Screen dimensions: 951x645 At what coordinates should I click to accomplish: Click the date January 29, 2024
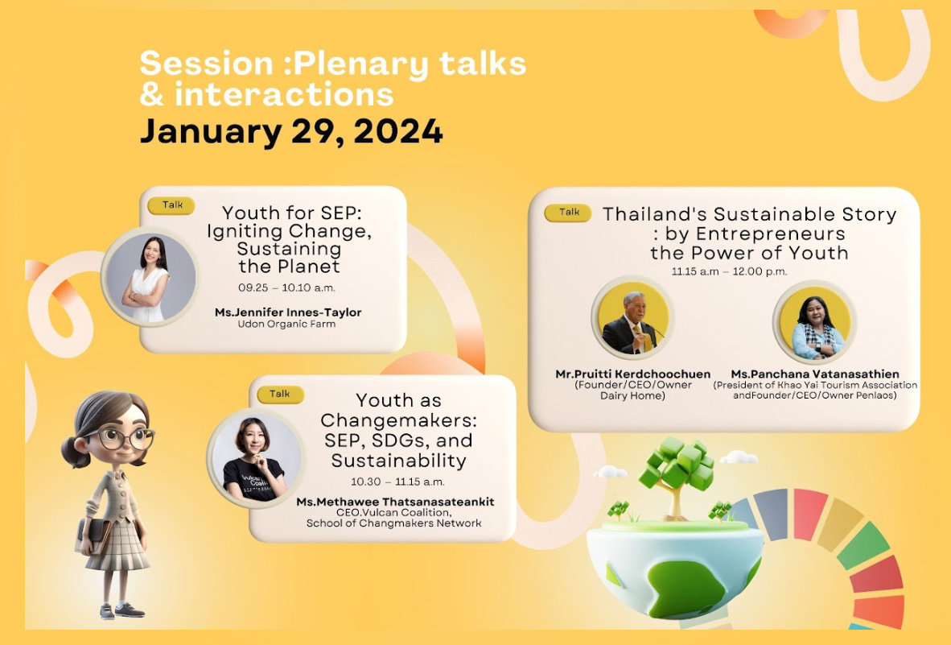(x=291, y=132)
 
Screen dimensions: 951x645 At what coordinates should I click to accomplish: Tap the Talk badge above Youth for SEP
(x=171, y=205)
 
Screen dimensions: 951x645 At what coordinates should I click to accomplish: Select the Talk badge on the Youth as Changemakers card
(x=280, y=394)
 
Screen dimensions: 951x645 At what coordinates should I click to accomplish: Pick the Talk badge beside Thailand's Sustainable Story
(x=568, y=213)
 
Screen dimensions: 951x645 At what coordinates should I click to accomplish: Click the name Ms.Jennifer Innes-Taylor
(x=288, y=312)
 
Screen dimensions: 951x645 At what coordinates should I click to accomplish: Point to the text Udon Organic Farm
(x=287, y=324)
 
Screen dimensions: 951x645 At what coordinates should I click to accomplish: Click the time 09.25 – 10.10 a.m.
(x=287, y=287)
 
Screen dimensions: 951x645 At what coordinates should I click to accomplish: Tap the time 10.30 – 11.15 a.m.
(x=398, y=482)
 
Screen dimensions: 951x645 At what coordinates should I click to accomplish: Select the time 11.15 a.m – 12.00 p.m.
(x=729, y=271)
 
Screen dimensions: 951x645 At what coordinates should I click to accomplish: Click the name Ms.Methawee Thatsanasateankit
(x=395, y=502)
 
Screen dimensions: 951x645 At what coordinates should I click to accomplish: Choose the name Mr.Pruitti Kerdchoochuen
(x=632, y=374)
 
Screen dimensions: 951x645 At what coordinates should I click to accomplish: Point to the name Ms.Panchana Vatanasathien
(x=815, y=374)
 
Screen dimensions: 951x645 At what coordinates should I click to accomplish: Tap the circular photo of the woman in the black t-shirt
(x=255, y=458)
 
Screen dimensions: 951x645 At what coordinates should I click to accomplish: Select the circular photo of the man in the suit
(x=632, y=317)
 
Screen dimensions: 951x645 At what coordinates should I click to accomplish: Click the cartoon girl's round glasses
(x=126, y=437)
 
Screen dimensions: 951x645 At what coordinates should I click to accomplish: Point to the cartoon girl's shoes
(x=122, y=610)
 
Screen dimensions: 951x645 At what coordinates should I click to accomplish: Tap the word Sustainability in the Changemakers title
(x=398, y=461)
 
